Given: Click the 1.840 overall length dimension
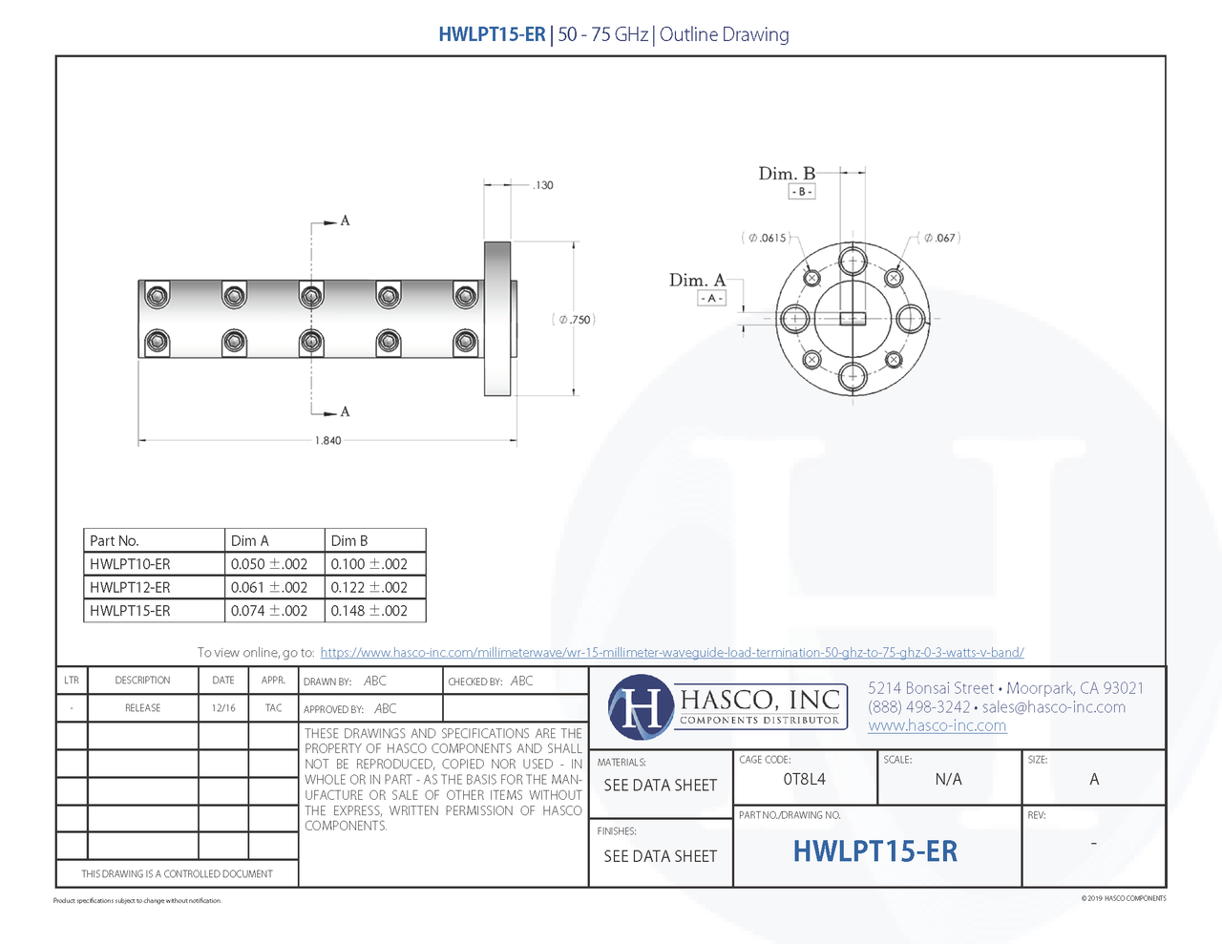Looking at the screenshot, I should click(x=327, y=441).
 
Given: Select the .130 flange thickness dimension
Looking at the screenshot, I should click(x=542, y=185).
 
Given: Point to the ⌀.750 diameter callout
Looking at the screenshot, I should click(x=574, y=320).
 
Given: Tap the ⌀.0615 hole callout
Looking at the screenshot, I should click(x=767, y=238).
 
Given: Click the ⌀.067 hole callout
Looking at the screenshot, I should click(x=939, y=238).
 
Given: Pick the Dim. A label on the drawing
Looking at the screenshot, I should click(x=697, y=281).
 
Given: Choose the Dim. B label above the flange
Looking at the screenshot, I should click(x=787, y=174).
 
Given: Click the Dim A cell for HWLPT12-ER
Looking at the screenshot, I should click(x=269, y=588).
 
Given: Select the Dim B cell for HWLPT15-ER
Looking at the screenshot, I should click(x=369, y=611).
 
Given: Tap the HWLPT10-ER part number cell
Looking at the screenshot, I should click(x=130, y=564).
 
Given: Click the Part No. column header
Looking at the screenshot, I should click(x=115, y=541).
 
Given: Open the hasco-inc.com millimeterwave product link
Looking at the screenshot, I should click(x=671, y=653).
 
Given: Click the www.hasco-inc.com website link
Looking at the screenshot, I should click(x=937, y=726).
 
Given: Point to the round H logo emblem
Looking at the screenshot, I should click(x=641, y=708).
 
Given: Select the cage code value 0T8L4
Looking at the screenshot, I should click(x=804, y=780).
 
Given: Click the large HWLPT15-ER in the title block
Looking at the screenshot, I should click(x=874, y=851).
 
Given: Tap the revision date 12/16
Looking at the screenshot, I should click(x=223, y=708).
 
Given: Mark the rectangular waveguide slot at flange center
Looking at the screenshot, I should click(x=853, y=319).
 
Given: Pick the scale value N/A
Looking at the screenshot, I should click(x=948, y=780).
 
